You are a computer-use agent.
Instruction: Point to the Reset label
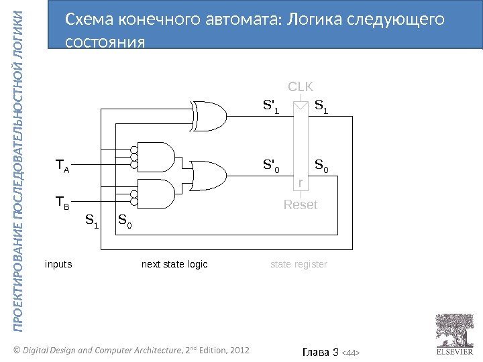coord(301,205)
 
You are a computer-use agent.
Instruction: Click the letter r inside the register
coord(301,183)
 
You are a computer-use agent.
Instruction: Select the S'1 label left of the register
coord(271,106)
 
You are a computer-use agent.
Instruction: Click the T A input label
coord(62,165)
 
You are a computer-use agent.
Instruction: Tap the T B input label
coord(62,202)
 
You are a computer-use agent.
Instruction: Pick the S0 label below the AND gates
coord(125,220)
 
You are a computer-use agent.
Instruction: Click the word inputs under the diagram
coord(58,265)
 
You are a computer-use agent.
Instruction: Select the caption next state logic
coord(174,265)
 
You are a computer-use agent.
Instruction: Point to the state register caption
coord(299,265)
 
